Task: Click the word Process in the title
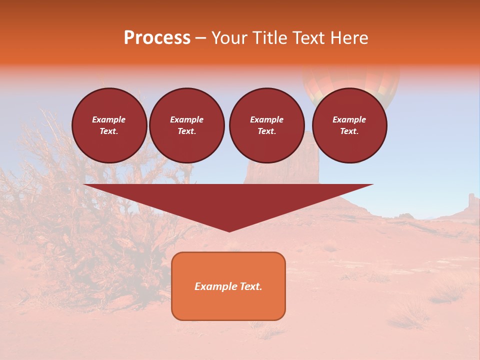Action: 157,38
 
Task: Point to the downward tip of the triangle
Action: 229,229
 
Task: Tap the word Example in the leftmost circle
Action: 109,119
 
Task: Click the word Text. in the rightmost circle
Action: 349,131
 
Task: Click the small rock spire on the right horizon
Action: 471,201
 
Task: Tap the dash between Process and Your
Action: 201,38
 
